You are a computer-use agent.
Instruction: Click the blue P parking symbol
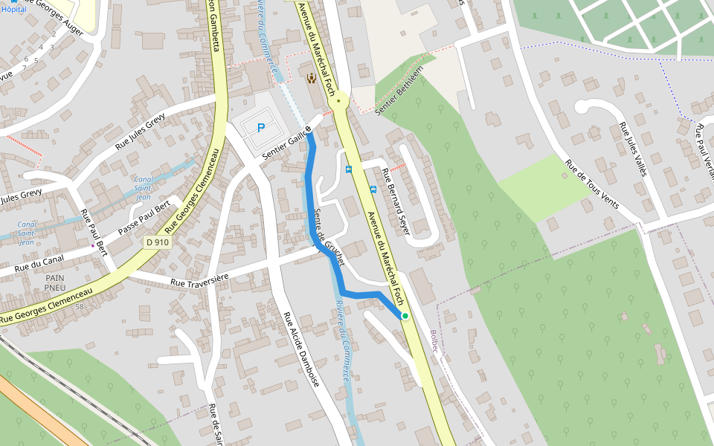tap(261, 128)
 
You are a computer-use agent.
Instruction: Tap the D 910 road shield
tap(157, 242)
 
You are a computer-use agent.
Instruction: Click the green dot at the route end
tap(405, 316)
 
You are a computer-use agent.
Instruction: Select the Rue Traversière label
tap(199, 279)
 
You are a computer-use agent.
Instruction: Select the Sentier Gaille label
tap(283, 144)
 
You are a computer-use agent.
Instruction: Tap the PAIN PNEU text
tap(54, 282)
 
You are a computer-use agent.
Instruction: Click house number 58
tap(80, 306)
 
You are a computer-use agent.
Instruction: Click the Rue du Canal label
tap(39, 261)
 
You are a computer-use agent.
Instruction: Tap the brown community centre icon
tap(311, 77)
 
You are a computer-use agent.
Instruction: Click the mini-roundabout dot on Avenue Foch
tap(339, 100)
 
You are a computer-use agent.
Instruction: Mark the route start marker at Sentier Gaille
tap(308, 129)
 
